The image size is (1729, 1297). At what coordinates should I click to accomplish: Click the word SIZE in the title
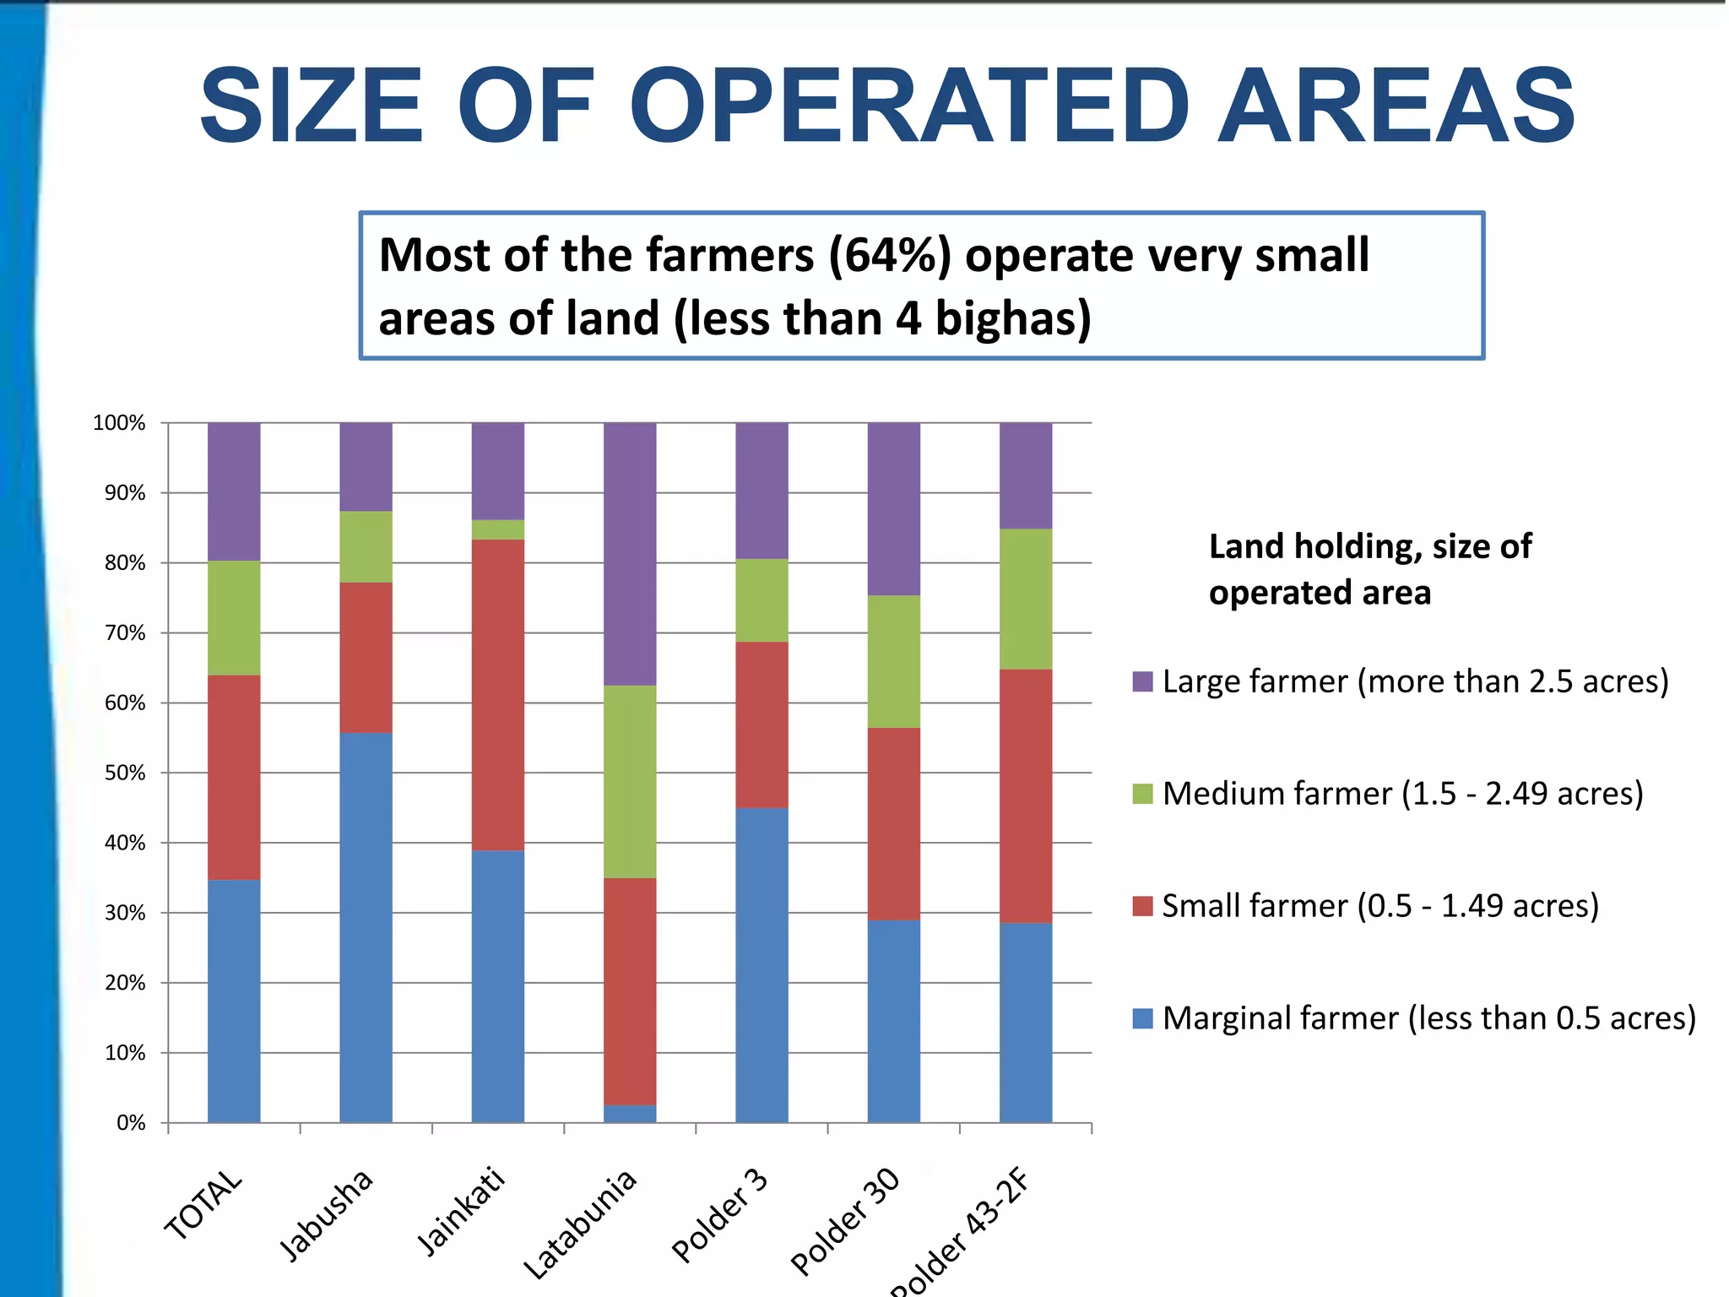click(311, 107)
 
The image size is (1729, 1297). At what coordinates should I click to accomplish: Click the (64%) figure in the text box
click(890, 256)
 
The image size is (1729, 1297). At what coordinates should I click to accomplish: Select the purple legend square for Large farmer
click(1142, 682)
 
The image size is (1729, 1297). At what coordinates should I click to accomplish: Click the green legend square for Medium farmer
click(1142, 795)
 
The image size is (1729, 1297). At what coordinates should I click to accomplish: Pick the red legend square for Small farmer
click(1142, 907)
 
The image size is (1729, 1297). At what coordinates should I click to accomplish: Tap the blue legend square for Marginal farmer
click(1142, 1019)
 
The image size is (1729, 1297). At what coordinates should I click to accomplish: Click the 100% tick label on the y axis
click(119, 423)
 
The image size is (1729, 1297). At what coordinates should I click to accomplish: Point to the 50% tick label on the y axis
click(125, 773)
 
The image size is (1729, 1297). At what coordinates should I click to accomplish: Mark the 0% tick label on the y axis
click(131, 1123)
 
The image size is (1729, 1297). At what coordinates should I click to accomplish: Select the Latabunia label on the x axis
click(580, 1224)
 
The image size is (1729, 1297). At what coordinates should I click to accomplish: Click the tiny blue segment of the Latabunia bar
click(630, 1114)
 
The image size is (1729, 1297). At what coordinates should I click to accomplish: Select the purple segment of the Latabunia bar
click(630, 553)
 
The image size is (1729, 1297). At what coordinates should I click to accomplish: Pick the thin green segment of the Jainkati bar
click(498, 529)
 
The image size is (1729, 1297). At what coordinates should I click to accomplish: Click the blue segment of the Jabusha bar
click(366, 927)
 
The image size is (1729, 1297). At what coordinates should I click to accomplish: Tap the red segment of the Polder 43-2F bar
click(1026, 795)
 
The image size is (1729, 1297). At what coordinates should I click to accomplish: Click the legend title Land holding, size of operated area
click(1369, 569)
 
